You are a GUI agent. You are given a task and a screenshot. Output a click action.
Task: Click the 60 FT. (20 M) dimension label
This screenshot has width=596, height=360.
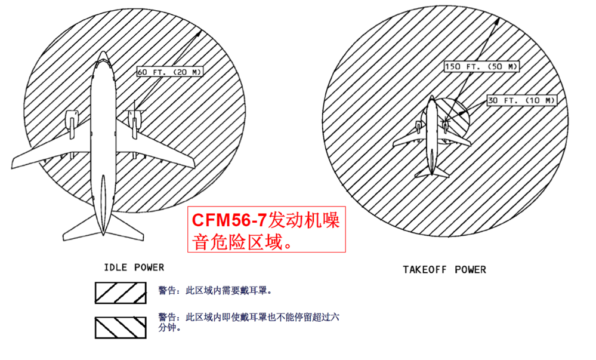(x=169, y=72)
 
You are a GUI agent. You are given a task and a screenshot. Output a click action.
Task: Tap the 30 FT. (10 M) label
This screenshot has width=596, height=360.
(x=521, y=100)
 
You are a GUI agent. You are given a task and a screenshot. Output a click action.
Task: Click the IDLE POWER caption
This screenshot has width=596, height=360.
(x=134, y=267)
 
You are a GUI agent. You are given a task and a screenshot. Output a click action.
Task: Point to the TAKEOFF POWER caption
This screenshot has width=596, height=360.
(x=444, y=269)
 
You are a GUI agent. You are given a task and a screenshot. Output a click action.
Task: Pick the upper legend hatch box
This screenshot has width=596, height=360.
(x=121, y=292)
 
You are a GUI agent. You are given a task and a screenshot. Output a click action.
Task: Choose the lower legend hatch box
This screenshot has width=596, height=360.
(x=121, y=327)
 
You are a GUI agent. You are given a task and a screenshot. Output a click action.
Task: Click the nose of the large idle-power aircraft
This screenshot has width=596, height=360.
(x=103, y=55)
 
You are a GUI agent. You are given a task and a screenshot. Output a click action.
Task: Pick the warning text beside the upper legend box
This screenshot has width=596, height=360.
(x=215, y=291)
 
